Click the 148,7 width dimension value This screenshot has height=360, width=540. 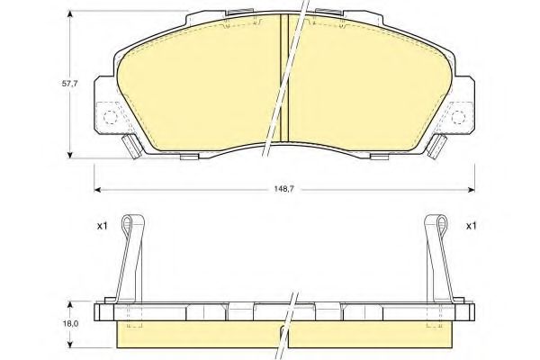coord(283,190)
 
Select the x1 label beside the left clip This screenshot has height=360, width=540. coord(102,226)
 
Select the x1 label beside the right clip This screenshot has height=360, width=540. coord(471,226)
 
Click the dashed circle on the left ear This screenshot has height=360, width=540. coord(110,117)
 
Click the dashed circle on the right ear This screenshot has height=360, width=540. coord(458,117)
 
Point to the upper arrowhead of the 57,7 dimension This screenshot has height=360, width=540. coord(70,13)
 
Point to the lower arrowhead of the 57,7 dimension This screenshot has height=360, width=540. coord(70,155)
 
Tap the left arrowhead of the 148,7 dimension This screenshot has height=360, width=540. coord(97,190)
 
